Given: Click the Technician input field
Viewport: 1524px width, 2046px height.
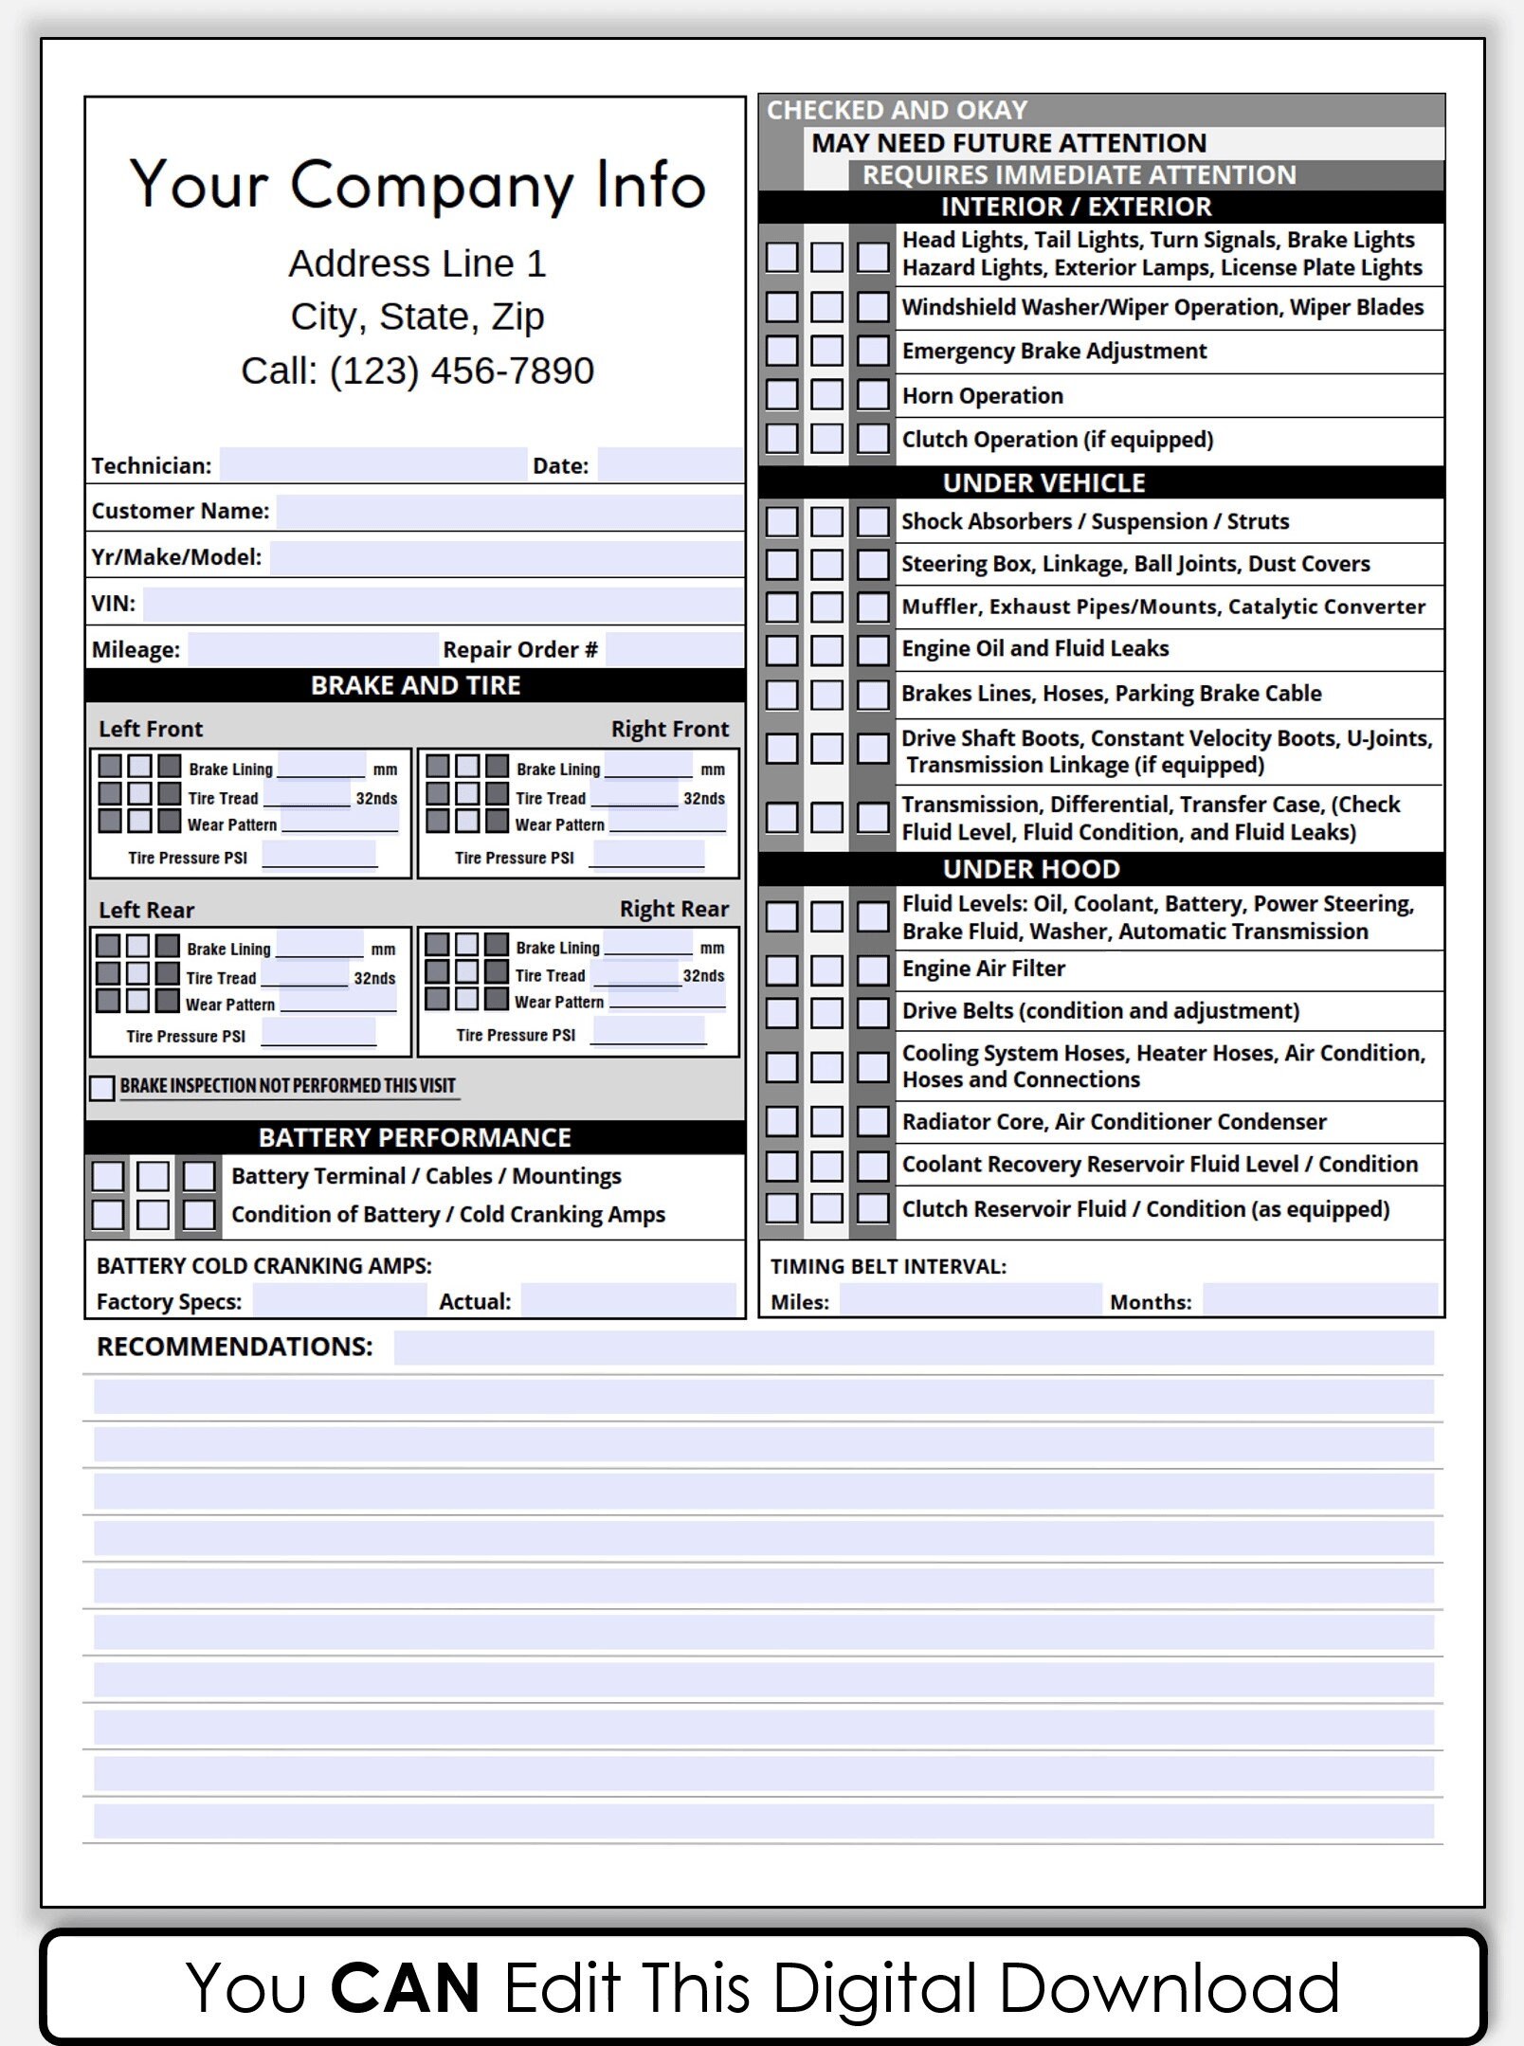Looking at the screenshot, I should pyautogui.click(x=372, y=464).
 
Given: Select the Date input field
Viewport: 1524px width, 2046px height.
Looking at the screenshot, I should pyautogui.click(x=669, y=464).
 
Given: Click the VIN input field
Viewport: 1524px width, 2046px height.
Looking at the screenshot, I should pyautogui.click(x=443, y=604).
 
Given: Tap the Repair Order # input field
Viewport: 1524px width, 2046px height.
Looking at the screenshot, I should pyautogui.click(x=673, y=649).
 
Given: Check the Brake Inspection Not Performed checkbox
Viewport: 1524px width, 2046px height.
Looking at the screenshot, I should pyautogui.click(x=102, y=1087).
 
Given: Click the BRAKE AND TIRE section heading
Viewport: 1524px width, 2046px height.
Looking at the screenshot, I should pyautogui.click(x=415, y=685).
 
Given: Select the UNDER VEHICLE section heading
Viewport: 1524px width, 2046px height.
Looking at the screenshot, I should pyautogui.click(x=1043, y=482).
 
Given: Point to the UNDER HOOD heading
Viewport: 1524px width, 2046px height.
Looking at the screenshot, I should pyautogui.click(x=1031, y=868).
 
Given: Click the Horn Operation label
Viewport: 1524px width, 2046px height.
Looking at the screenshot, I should pyautogui.click(x=982, y=395).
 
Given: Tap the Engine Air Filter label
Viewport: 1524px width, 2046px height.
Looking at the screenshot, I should pyautogui.click(x=983, y=969).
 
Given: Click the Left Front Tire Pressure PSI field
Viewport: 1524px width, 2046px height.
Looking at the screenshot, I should pyautogui.click(x=318, y=856).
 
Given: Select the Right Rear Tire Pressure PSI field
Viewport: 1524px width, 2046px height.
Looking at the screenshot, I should pyautogui.click(x=647, y=1032).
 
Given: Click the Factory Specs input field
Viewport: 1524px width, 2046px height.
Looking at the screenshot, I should pyautogui.click(x=339, y=1300).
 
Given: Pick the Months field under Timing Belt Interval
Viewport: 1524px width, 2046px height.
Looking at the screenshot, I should pyautogui.click(x=1319, y=1300).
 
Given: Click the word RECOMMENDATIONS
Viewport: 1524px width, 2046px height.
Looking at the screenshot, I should pyautogui.click(x=234, y=1347).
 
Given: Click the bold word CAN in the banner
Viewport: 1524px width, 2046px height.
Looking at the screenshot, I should pyautogui.click(x=405, y=1988).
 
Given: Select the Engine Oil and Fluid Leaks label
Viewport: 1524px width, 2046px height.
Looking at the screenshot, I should pyautogui.click(x=1034, y=648).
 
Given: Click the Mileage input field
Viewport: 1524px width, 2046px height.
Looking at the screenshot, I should pyautogui.click(x=313, y=649).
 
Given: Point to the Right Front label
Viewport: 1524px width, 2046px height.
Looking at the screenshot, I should pyautogui.click(x=669, y=729).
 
